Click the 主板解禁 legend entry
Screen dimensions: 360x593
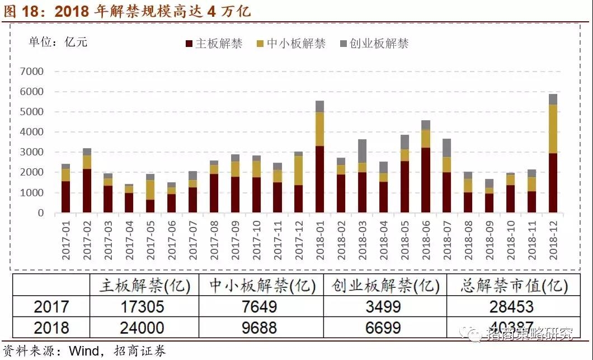tap(213, 44)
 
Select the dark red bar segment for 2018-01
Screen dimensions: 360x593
tap(319, 179)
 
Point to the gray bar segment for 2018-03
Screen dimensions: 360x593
tap(362, 151)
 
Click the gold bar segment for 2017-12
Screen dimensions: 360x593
tap(298, 170)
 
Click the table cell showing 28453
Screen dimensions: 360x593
tap(507, 306)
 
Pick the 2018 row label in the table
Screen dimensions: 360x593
tap(51, 327)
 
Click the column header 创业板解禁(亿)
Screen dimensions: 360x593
tap(385, 286)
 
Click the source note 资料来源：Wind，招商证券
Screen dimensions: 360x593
tap(84, 351)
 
